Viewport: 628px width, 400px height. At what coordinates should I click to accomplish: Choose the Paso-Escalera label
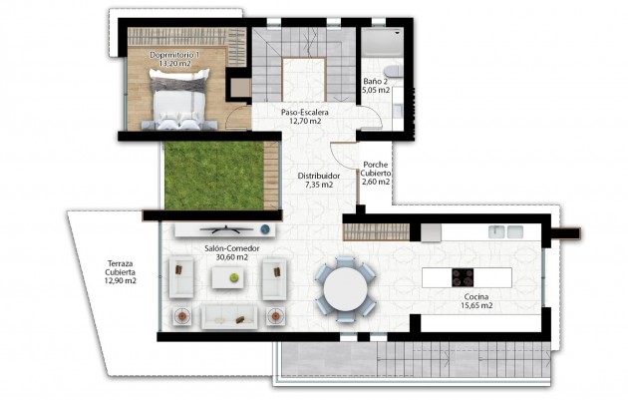(x=304, y=114)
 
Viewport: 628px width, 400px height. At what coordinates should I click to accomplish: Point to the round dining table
(x=346, y=289)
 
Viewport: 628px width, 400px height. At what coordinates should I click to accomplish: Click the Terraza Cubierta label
(x=120, y=271)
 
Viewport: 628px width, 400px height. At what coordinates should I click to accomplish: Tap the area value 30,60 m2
(x=225, y=257)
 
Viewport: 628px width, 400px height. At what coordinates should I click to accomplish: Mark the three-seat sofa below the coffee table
(x=230, y=316)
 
